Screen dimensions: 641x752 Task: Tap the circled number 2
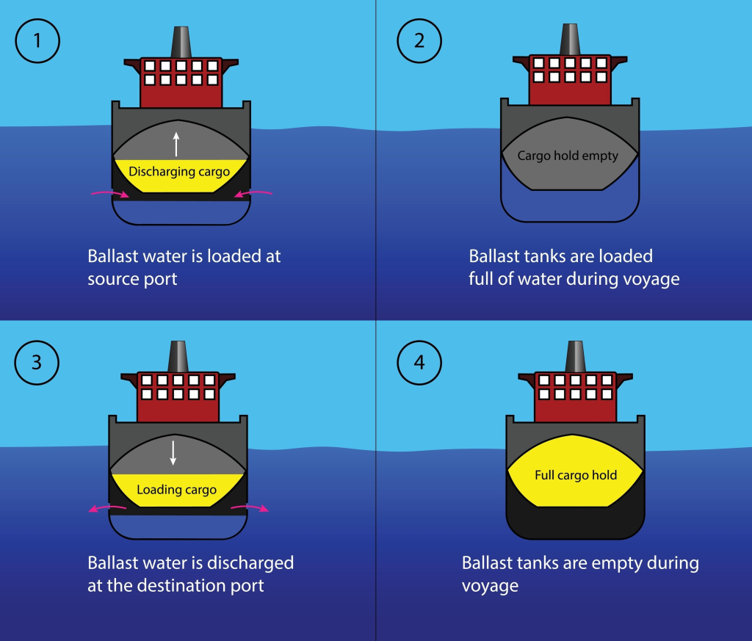pos(419,40)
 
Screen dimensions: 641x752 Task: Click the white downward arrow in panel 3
pos(173,452)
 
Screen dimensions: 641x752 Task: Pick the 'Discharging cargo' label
pos(178,172)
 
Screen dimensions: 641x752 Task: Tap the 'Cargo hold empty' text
pos(568,156)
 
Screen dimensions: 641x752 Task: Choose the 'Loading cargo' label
pos(176,490)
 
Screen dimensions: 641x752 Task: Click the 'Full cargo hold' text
pos(576,475)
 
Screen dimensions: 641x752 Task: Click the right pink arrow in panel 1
pos(253,193)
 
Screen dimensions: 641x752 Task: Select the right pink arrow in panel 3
pos(250,508)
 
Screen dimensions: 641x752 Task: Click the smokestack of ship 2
pos(569,38)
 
